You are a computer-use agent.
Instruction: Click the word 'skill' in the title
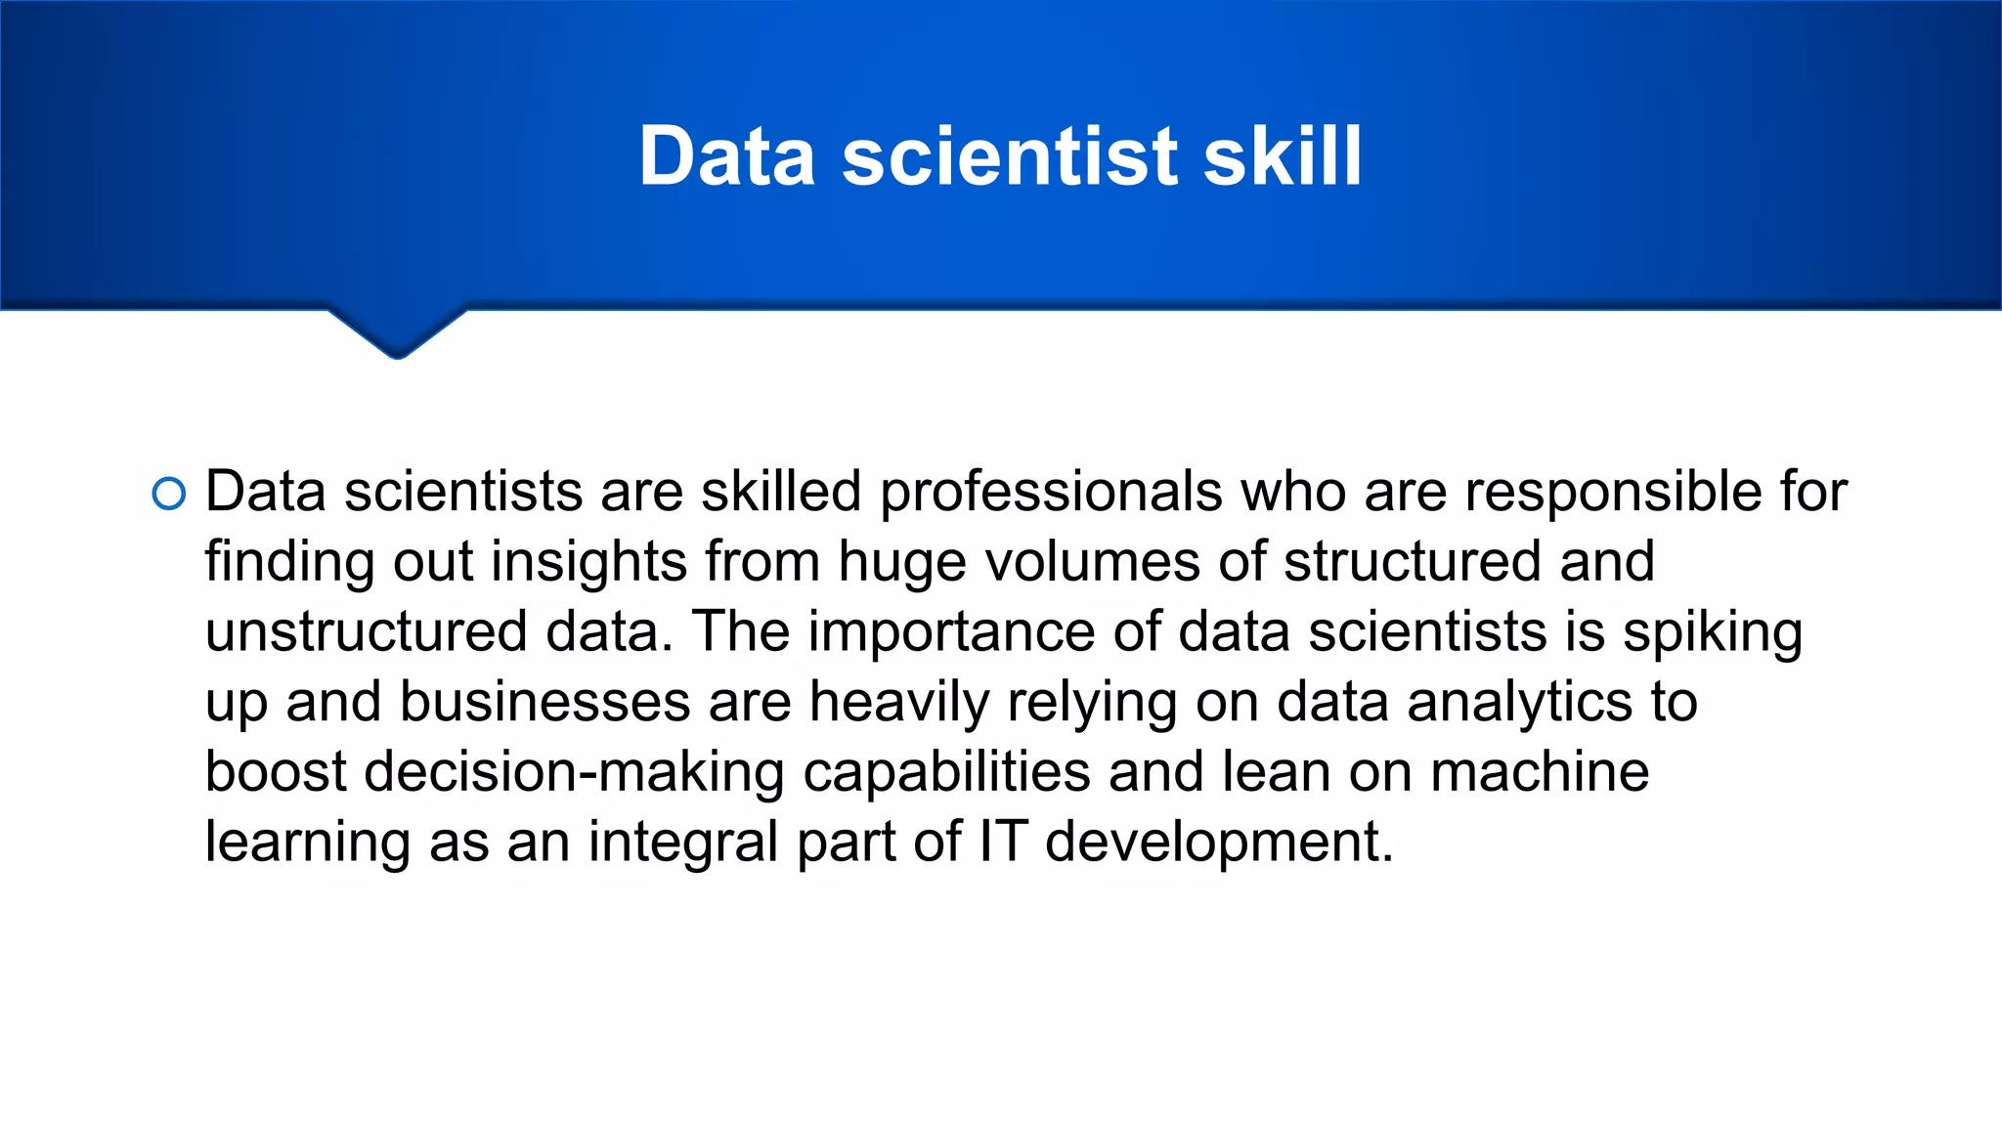[x=1282, y=156]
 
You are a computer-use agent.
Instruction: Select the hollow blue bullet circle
[x=169, y=495]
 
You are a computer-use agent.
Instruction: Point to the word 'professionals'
[x=1051, y=491]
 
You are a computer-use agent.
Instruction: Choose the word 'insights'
[x=588, y=562]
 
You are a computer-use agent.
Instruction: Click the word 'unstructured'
[x=367, y=631]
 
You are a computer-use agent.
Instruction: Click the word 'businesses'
[x=545, y=702]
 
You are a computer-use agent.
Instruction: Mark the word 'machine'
[x=1540, y=772]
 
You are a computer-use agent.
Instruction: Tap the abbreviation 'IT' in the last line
[x=1003, y=841]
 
